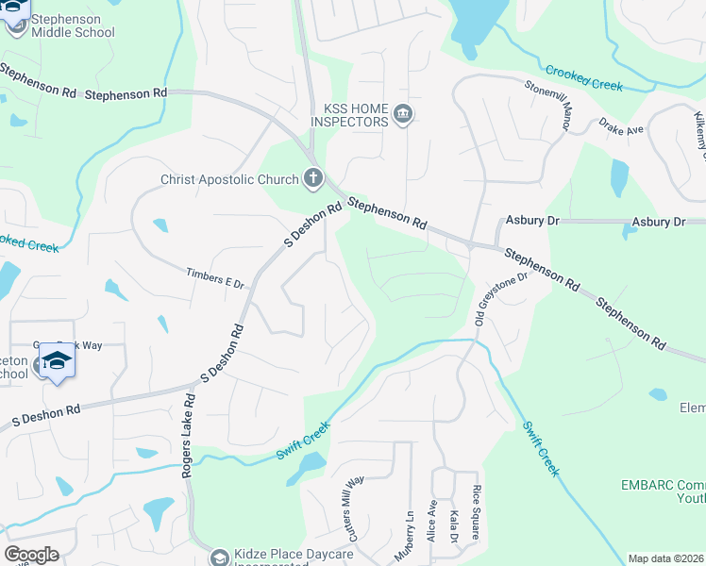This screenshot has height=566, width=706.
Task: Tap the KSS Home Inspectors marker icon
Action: [403, 115]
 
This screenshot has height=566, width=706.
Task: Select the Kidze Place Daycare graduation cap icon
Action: [219, 558]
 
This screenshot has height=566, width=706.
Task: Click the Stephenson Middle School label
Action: [73, 25]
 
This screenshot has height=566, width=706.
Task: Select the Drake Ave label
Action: [620, 125]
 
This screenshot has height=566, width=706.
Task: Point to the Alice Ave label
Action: [431, 520]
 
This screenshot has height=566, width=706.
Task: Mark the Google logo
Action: [31, 555]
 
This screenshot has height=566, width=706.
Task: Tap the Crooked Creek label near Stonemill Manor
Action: [583, 77]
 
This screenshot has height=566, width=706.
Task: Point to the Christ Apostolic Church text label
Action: [229, 179]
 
